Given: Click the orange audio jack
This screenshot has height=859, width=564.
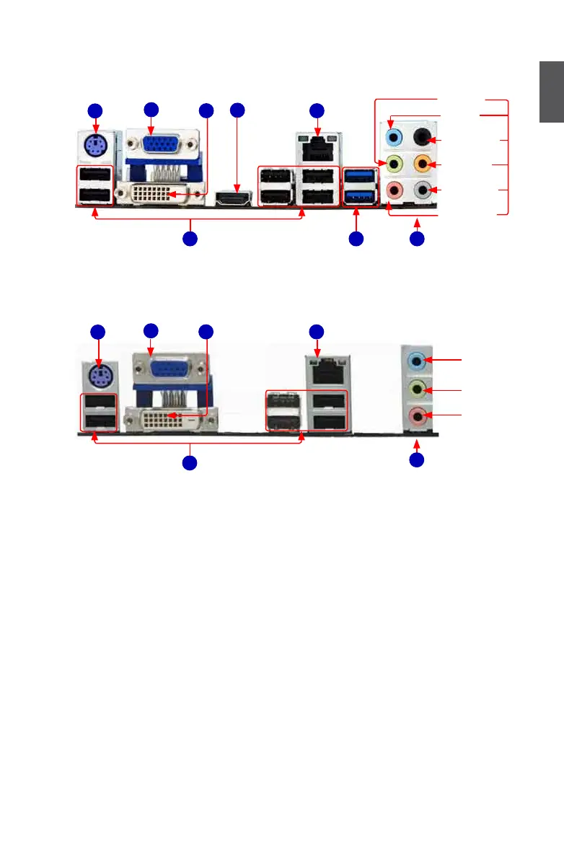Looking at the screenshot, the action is pyautogui.click(x=423, y=165).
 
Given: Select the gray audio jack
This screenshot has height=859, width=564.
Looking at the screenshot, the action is pyautogui.click(x=423, y=190).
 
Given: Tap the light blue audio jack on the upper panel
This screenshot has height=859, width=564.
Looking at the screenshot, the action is pyautogui.click(x=394, y=138).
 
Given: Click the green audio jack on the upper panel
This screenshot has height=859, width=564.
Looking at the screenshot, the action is pyautogui.click(x=394, y=165).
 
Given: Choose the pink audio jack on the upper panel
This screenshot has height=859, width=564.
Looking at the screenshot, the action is pyautogui.click(x=394, y=190).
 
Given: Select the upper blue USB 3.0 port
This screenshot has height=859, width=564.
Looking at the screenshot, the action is pyautogui.click(x=360, y=176).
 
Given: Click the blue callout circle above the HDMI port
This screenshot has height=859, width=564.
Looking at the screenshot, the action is pyautogui.click(x=238, y=110).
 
